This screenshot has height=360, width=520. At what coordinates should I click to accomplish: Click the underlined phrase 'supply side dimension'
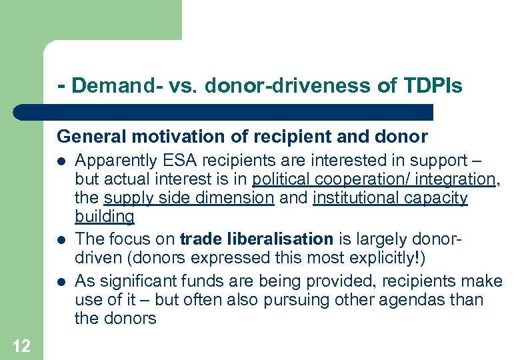coord(187,198)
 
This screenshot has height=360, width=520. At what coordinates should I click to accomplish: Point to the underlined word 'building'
coord(105,217)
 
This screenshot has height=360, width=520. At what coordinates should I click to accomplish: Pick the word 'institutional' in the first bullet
coord(357,198)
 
